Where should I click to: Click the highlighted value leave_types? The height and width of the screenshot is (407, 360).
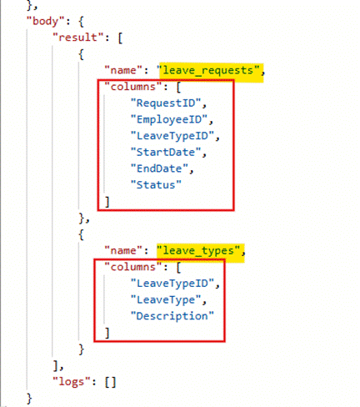coord(198,251)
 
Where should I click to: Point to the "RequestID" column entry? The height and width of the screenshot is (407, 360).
coord(166,103)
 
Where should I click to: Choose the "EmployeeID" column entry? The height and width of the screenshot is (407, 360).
coord(169,119)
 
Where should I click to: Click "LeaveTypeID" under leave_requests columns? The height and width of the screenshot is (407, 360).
coord(172,136)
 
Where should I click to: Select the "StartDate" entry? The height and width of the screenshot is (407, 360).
coord(166,153)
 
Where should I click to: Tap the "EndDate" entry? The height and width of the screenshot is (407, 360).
coord(159,168)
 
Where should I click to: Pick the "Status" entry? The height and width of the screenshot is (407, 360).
coord(156,185)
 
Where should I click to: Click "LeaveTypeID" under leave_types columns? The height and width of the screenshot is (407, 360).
coord(172,284)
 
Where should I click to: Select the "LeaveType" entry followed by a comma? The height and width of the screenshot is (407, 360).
coord(166,300)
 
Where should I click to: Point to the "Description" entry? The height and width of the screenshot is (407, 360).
coord(172,316)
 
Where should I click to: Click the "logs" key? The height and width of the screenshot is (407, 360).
coord(72,382)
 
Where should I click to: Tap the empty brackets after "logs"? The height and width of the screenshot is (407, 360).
coord(110,382)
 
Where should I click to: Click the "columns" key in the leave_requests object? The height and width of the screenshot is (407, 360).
coord(133,87)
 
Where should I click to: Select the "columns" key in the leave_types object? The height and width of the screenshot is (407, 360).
coord(133,267)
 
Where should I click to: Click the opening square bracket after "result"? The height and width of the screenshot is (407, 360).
coord(120,38)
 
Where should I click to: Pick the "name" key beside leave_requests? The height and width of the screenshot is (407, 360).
coord(123,70)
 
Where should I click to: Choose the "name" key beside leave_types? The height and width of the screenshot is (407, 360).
coord(123,251)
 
